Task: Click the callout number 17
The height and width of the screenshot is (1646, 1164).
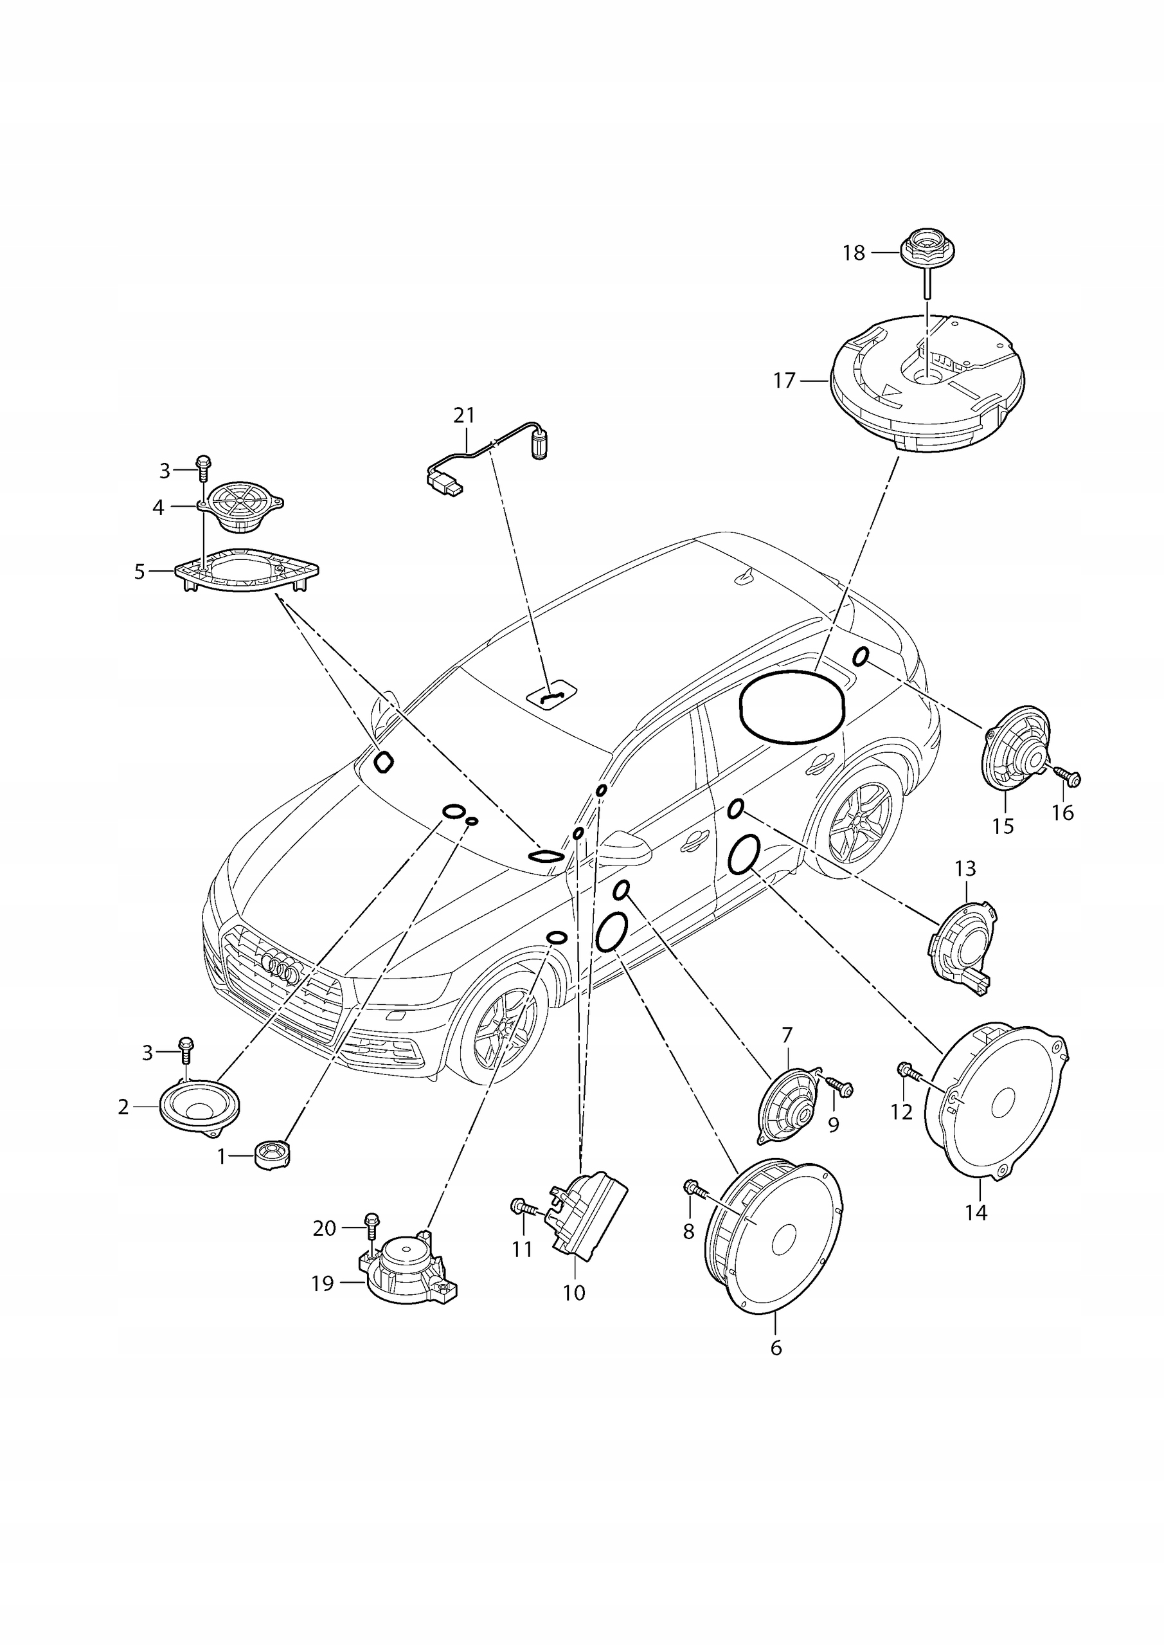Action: coord(785,381)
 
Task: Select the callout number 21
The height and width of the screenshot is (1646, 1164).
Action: coord(465,415)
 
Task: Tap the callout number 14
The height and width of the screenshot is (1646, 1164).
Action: coord(976,1212)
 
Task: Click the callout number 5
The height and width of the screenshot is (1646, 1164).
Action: coord(139,572)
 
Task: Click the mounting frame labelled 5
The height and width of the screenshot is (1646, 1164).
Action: coord(247,571)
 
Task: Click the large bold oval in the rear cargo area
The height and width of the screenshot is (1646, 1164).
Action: coord(792,706)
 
